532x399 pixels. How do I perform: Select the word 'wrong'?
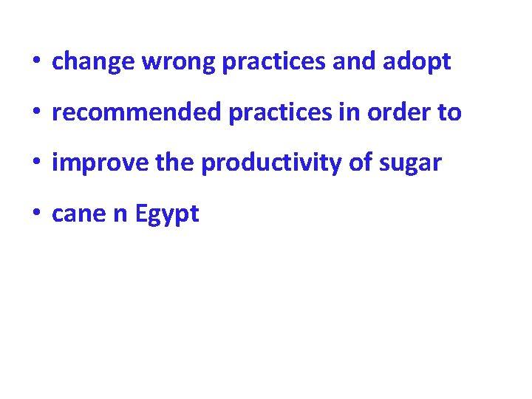click(x=178, y=63)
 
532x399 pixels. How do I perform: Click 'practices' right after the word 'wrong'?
click(x=274, y=63)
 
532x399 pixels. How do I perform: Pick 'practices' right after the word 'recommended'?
click(x=270, y=113)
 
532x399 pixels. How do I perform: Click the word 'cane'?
click(x=78, y=214)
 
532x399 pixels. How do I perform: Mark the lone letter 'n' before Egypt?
click(x=120, y=216)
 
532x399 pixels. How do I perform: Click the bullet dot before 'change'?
click(x=35, y=63)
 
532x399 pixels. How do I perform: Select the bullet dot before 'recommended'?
click(x=35, y=113)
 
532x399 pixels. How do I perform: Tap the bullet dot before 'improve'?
click(x=35, y=163)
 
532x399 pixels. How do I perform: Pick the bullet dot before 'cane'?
click(x=35, y=214)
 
